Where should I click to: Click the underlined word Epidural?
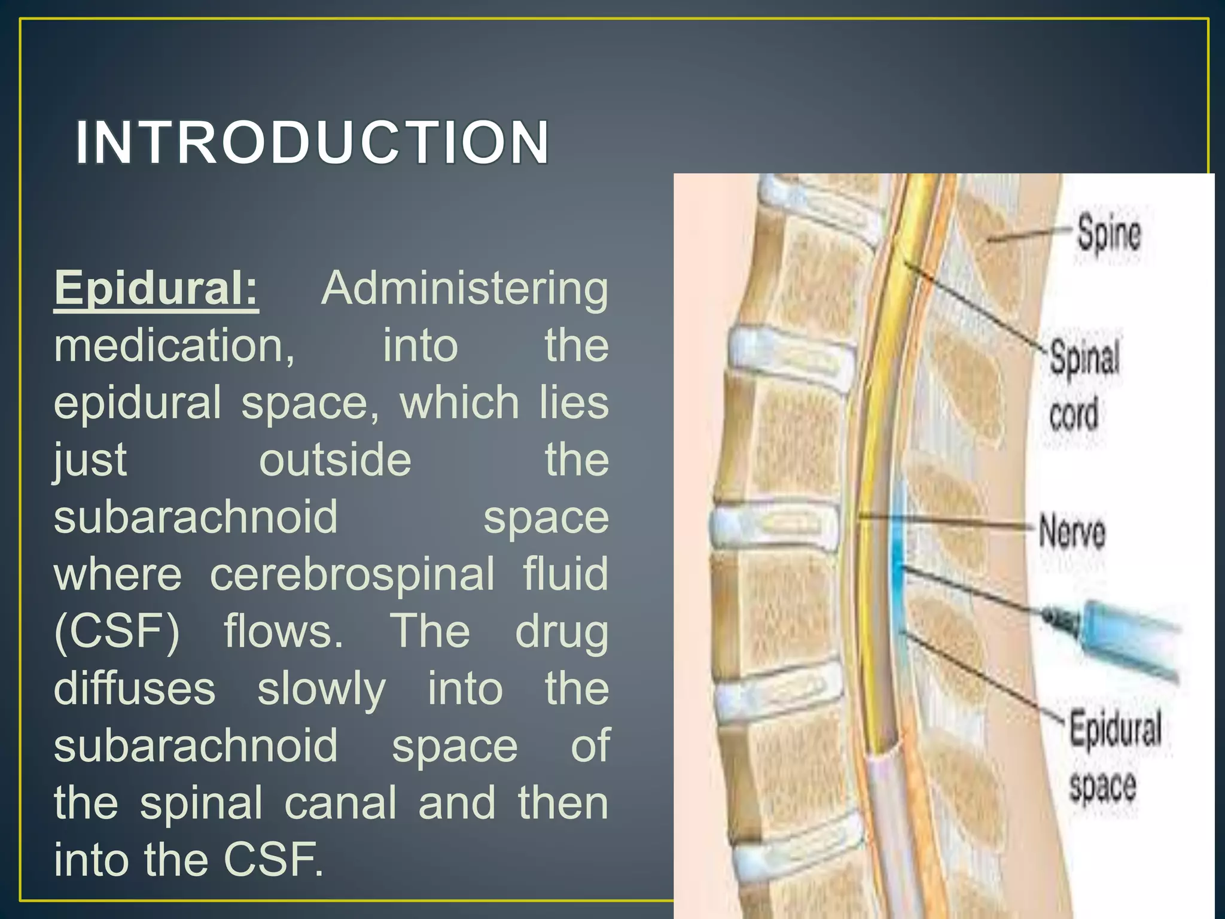coord(156,288)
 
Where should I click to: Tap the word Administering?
coord(465,288)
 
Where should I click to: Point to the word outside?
coord(335,460)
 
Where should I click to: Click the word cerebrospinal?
coord(352,574)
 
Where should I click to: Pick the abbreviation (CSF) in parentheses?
coord(117,631)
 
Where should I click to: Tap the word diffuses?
coord(135,688)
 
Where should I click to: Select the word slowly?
coord(321,689)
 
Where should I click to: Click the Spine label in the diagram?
coord(1108,234)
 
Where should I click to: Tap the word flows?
coord(284,631)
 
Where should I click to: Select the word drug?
coord(562,632)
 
